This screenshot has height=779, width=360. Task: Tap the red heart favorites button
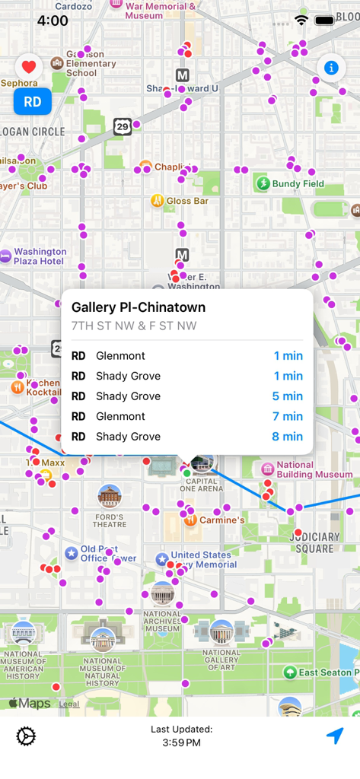tap(28, 66)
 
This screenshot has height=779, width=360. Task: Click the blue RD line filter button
tap(32, 102)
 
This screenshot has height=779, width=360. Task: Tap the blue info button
tap(331, 68)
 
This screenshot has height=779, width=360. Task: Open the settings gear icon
tap(26, 736)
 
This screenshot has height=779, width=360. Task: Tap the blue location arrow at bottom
tap(335, 736)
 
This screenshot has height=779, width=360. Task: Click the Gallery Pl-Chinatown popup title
tap(139, 307)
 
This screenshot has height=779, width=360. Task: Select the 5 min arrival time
tap(288, 396)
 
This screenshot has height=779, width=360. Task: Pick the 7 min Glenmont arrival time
tap(288, 416)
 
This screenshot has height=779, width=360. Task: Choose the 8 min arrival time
tap(288, 437)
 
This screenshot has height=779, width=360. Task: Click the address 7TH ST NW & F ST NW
tap(134, 326)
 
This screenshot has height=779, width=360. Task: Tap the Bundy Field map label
tap(298, 183)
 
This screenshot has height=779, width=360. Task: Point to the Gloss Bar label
tap(187, 201)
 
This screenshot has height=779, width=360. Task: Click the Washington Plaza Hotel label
tap(40, 256)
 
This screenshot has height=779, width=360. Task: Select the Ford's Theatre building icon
tap(110, 497)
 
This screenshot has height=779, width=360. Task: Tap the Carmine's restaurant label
tap(221, 520)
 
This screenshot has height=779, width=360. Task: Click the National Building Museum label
tap(304, 469)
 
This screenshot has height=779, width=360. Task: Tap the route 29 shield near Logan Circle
tap(123, 127)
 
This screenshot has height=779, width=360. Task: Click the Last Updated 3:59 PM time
tap(181, 742)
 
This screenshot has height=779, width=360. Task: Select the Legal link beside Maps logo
tap(69, 704)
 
